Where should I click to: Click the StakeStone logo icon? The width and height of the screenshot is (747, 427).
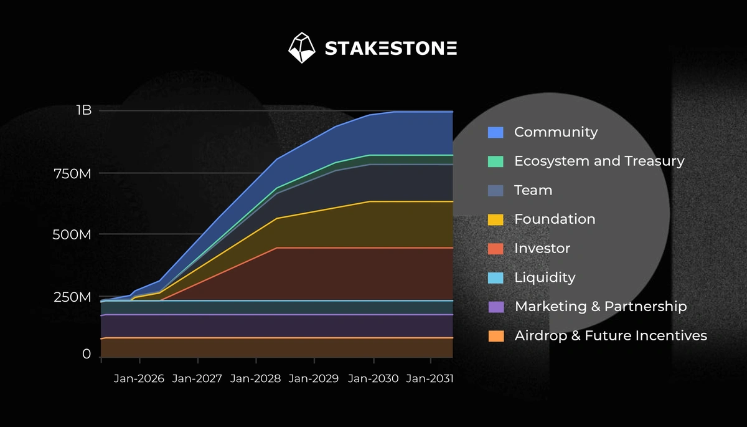pyautogui.click(x=303, y=48)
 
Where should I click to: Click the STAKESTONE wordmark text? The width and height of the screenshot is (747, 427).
pyautogui.click(x=391, y=49)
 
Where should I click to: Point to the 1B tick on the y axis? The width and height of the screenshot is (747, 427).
pyautogui.click(x=84, y=110)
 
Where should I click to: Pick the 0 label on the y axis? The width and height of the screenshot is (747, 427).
pyautogui.click(x=87, y=354)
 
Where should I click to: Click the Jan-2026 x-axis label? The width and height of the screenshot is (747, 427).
pyautogui.click(x=139, y=379)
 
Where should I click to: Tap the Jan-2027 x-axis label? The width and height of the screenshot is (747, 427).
pyautogui.click(x=197, y=379)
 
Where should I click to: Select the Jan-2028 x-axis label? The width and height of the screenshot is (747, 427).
pyautogui.click(x=256, y=379)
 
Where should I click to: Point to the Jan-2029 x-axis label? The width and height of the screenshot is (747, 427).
pyautogui.click(x=314, y=379)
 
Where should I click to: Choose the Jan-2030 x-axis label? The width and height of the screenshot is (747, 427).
pyautogui.click(x=373, y=379)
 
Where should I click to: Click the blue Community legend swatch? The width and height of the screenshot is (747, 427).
pyautogui.click(x=496, y=132)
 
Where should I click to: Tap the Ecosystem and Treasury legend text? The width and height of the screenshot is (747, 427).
pyautogui.click(x=599, y=161)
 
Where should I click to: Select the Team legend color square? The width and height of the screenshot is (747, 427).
pyautogui.click(x=496, y=190)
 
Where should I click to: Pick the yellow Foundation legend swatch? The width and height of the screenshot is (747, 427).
pyautogui.click(x=496, y=219)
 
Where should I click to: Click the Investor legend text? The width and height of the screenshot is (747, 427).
pyautogui.click(x=542, y=248)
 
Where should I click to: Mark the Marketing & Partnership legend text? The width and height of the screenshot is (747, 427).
pyautogui.click(x=600, y=307)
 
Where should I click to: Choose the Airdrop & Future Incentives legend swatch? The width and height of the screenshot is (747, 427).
pyautogui.click(x=496, y=336)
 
